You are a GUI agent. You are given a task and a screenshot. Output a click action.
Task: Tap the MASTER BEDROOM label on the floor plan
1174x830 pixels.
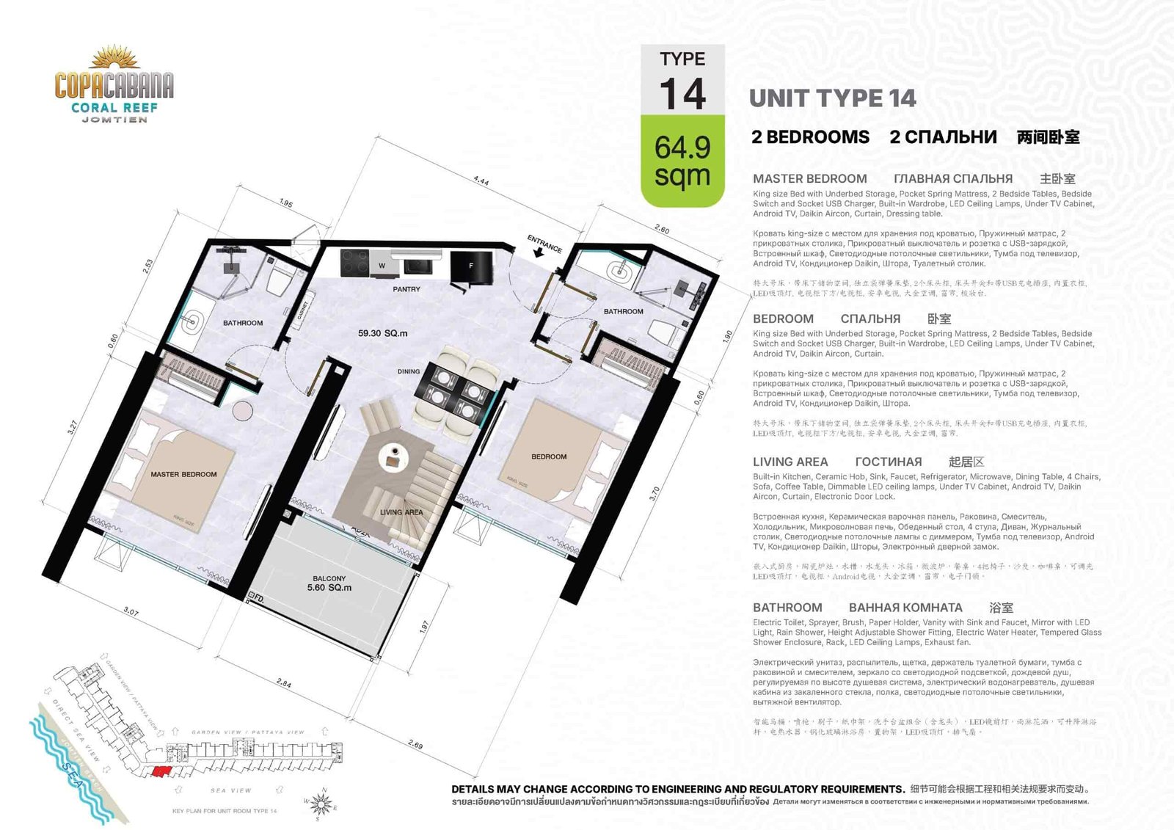(x=183, y=474)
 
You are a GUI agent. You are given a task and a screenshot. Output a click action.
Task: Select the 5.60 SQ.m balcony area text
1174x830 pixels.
(x=329, y=588)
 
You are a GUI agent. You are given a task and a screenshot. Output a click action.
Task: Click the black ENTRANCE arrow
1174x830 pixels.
(x=539, y=251)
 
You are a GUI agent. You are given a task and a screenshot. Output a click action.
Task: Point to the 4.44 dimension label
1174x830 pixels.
(x=481, y=181)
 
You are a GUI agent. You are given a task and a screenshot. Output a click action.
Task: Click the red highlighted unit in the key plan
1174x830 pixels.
(x=161, y=771)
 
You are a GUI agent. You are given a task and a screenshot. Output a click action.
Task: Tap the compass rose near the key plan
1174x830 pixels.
(x=321, y=804)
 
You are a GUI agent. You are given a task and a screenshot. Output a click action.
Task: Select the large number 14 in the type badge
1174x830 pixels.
(x=682, y=95)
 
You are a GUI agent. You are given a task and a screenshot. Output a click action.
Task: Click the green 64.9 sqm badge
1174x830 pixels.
(x=682, y=161)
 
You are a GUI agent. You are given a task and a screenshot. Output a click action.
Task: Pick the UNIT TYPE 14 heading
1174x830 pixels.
(x=832, y=98)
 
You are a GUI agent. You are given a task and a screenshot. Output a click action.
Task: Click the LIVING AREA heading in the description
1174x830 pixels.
(x=790, y=462)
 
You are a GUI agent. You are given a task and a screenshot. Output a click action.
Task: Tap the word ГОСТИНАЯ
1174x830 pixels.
(x=888, y=462)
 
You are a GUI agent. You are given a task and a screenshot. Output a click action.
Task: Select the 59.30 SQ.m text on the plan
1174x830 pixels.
(x=382, y=333)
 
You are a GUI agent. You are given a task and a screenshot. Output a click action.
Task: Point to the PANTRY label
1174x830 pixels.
(x=406, y=289)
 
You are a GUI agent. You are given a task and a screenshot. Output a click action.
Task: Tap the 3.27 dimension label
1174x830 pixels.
(x=72, y=428)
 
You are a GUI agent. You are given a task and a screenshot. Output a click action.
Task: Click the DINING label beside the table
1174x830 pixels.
(x=409, y=371)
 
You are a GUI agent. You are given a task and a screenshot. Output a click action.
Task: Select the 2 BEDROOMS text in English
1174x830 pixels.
(x=810, y=137)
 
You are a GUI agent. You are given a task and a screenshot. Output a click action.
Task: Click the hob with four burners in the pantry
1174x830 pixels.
(x=354, y=263)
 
